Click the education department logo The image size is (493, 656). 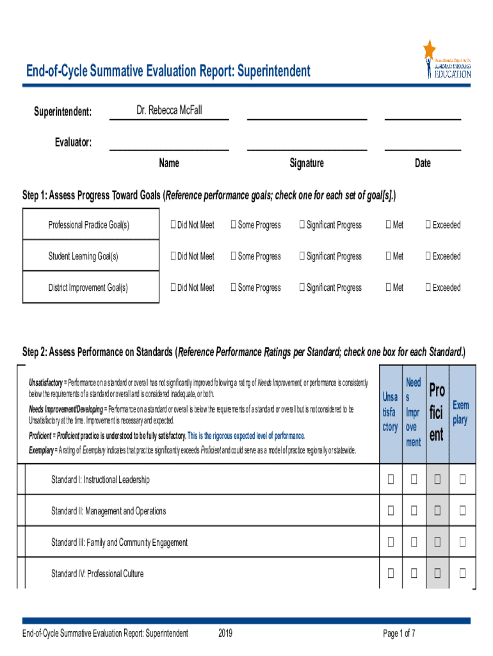pos(448,60)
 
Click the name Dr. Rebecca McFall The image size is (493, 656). pos(169,111)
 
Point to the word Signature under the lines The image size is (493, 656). pos(307,163)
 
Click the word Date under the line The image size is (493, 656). pos(423,163)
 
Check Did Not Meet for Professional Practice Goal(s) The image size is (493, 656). pos(173,225)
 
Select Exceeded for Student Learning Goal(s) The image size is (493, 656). pos(428,256)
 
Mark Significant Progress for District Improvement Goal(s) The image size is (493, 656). pos(302,288)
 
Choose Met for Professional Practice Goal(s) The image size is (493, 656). pos(388,225)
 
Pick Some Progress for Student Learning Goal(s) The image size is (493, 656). pos(234,256)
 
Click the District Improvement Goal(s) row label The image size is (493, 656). pos(88,288)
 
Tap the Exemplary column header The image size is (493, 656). pos(460,413)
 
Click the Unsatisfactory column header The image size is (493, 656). pos(390,413)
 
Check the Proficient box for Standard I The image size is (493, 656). pos(437,479)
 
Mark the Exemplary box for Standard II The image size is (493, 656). pos(462,511)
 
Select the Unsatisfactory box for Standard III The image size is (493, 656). pos(390,542)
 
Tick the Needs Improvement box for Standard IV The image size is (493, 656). pos(414,573)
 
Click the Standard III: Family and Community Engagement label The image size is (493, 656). pos(119,543)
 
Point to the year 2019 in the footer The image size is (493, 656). pos(225,634)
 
